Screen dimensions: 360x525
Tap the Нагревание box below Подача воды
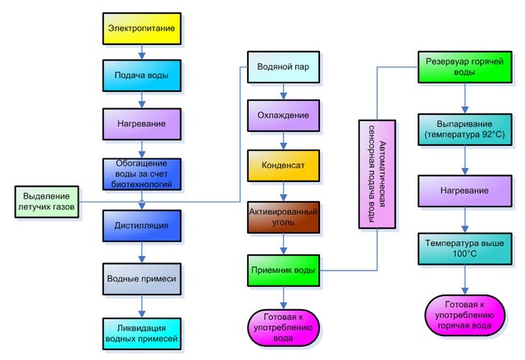click(x=141, y=124)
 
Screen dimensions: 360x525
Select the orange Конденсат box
click(x=282, y=165)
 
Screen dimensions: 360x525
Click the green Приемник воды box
click(x=282, y=269)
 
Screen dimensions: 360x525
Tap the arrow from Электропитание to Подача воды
click(x=141, y=53)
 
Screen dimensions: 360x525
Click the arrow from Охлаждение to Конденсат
click(x=282, y=139)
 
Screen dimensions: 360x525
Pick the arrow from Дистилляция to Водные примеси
click(x=141, y=253)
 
